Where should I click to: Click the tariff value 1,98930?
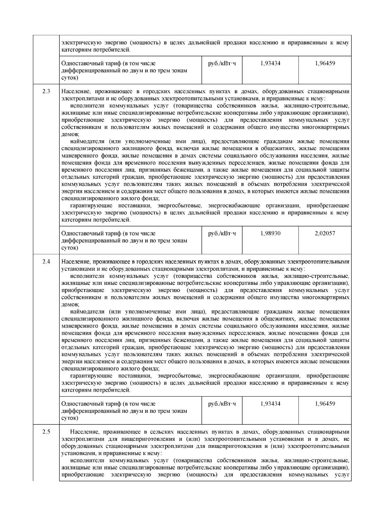point(270,233)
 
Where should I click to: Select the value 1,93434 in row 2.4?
point(270,404)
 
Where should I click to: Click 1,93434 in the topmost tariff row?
point(270,63)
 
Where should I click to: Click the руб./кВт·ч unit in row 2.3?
point(222,233)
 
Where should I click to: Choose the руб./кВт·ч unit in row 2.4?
point(222,404)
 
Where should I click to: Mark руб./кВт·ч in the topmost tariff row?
point(222,63)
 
